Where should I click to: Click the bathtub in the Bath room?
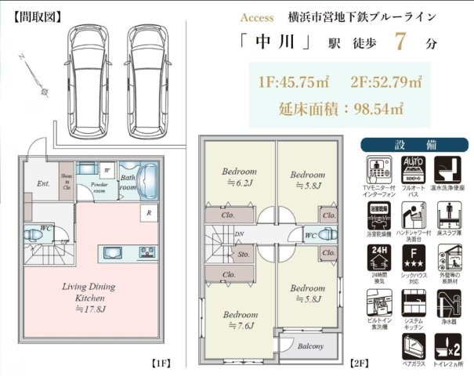(x=148, y=183)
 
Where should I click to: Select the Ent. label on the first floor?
(x=43, y=185)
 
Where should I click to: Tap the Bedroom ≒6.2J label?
(x=238, y=176)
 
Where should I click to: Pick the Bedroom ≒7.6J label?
(x=238, y=320)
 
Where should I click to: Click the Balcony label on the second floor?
(x=308, y=345)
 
